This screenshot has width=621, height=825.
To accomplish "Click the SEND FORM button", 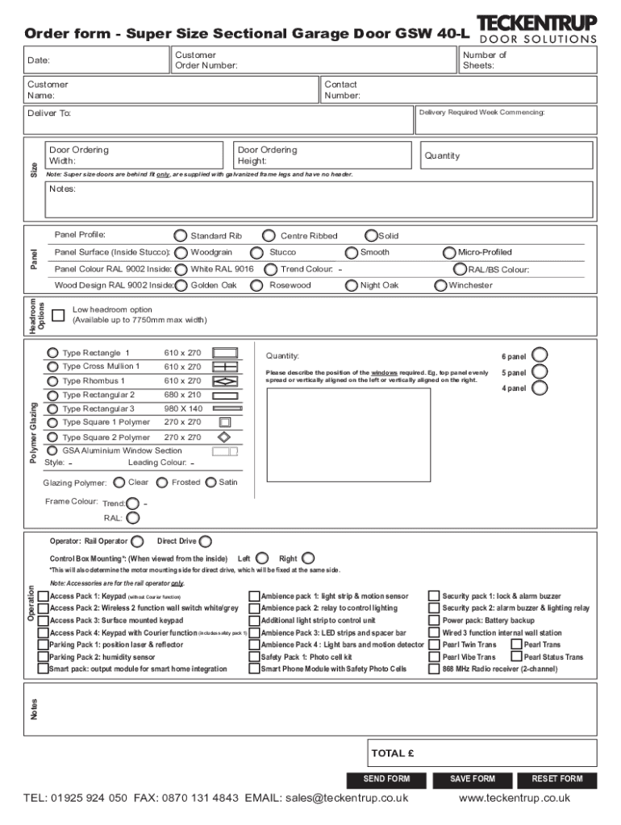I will click(387, 779).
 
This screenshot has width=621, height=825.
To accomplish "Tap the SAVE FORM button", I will click(473, 779).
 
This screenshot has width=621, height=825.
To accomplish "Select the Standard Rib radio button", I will click(181, 236).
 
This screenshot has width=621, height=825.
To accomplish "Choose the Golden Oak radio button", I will click(181, 285).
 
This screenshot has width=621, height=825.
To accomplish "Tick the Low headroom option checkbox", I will click(58, 315).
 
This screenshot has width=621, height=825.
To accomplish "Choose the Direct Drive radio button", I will click(206, 541).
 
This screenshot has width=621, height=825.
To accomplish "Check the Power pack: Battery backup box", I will click(434, 621).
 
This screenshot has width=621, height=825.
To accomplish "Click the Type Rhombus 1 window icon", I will click(225, 381).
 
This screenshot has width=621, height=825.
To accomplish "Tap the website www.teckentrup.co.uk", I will click(514, 798).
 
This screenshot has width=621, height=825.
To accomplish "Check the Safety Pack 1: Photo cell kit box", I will click(254, 657).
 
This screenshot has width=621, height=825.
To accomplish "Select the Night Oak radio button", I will click(352, 285).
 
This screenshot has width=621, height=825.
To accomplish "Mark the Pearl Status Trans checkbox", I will click(516, 657).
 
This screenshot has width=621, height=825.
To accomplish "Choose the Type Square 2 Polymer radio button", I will click(52, 437).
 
